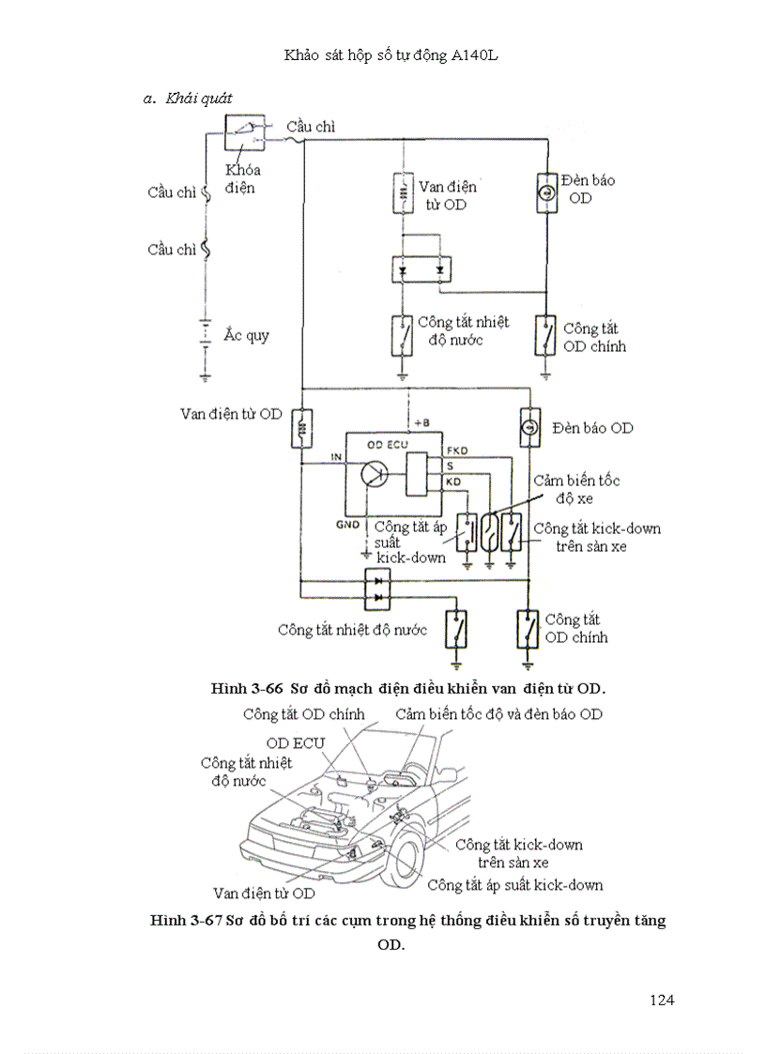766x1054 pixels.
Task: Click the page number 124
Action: point(662,1000)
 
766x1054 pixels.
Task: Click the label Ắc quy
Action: point(246,335)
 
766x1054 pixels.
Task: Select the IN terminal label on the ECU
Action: point(335,457)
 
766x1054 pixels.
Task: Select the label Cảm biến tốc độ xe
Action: point(576,487)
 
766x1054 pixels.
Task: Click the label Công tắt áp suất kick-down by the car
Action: point(514,884)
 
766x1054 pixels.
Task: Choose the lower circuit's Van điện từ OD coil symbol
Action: point(302,428)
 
